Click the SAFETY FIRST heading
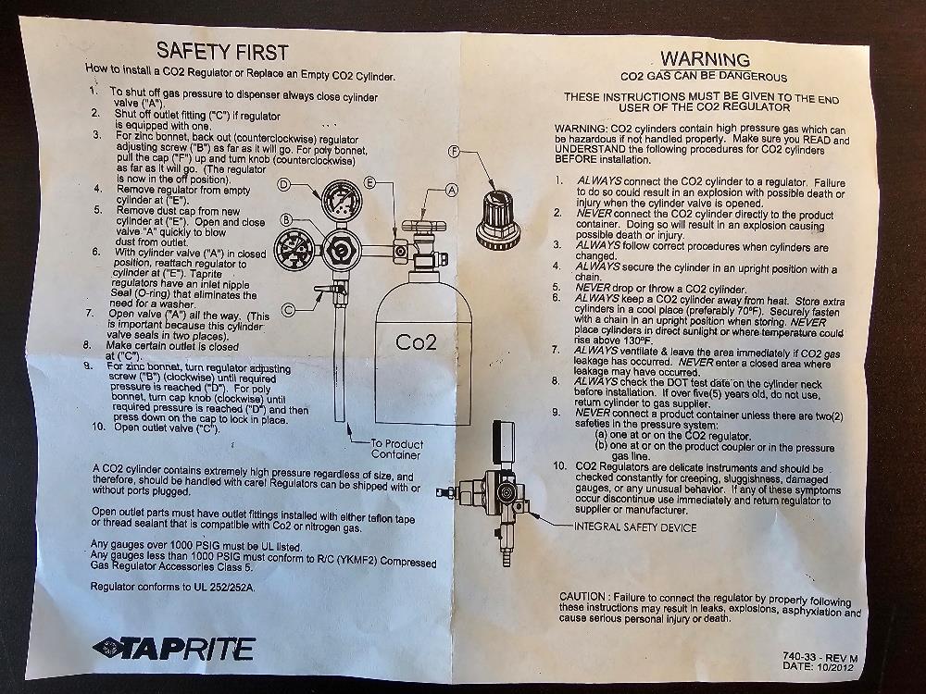221,51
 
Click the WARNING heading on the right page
705,60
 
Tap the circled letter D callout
285,185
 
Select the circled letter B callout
287,219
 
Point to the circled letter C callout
290,309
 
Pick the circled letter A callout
452,189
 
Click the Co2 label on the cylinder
417,341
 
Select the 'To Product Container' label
397,450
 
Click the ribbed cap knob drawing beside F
498,215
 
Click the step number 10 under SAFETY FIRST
97,428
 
